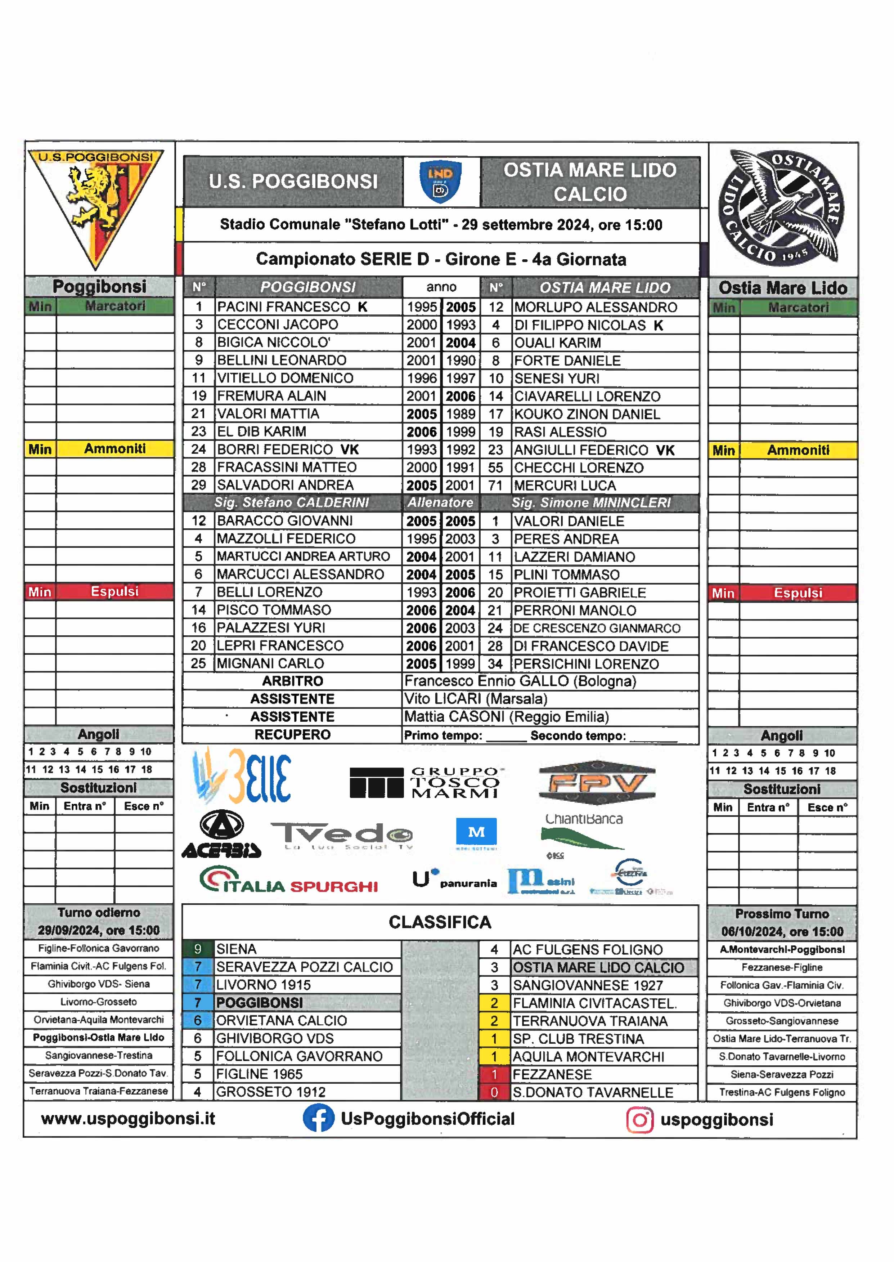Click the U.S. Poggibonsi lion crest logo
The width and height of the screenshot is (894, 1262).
[96, 206]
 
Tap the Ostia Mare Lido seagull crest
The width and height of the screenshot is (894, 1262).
[781, 208]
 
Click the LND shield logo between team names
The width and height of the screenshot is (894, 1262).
[440, 182]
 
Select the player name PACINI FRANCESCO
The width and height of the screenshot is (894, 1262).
[283, 307]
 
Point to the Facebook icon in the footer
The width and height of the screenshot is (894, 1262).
[318, 1119]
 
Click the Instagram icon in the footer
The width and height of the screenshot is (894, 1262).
[640, 1120]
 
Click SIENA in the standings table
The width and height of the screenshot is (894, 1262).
[236, 949]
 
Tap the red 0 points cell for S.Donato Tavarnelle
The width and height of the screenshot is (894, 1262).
[494, 1092]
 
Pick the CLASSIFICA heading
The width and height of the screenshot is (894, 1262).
[440, 922]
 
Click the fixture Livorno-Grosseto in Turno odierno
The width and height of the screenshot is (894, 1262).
[99, 1002]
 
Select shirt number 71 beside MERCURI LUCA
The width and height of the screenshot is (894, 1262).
[495, 485]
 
